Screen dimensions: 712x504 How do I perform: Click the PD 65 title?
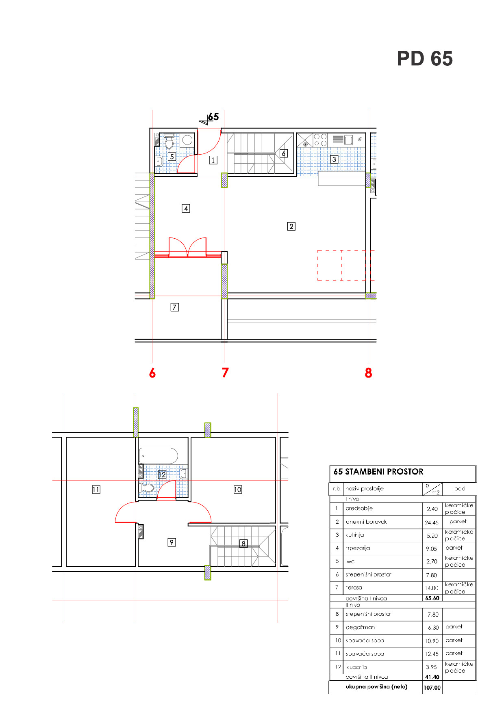coord(424,59)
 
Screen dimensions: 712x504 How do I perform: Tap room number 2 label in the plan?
coord(291,227)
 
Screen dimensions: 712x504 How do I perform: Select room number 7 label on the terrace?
coord(174,307)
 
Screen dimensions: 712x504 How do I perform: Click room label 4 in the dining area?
coord(186,209)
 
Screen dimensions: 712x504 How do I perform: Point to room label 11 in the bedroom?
coord(96,490)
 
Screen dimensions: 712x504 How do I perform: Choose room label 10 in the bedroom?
coord(237,490)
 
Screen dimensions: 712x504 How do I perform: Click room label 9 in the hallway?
coord(172,542)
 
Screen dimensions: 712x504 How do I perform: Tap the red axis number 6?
coord(152,373)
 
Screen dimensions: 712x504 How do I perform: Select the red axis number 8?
coord(368,373)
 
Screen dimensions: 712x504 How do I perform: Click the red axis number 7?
coord(225,373)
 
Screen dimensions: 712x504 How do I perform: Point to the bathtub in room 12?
coord(159,456)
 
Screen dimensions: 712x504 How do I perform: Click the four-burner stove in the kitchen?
coord(320,140)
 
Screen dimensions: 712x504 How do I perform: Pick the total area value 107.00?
coord(432,688)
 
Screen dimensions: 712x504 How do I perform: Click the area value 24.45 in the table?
coord(432,522)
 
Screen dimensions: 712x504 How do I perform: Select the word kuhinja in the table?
coord(354,535)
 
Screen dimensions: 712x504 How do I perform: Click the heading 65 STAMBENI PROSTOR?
coord(378,472)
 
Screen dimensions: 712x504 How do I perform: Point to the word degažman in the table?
coord(360,627)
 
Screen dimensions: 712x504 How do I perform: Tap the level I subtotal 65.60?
coord(432,598)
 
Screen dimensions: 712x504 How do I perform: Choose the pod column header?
coord(459,489)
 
